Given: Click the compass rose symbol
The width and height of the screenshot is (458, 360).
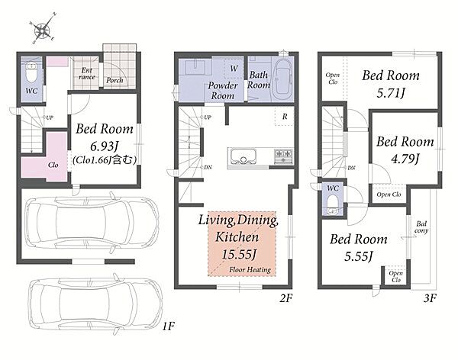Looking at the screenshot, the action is click(43, 29).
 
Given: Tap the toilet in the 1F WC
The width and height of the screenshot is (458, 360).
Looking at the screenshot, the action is click(31, 73).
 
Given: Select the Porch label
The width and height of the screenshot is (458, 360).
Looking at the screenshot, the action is click(114, 80).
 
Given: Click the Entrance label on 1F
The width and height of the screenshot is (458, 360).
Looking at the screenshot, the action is click(87, 73).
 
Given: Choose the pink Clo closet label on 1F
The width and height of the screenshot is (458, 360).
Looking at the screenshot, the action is click(53, 165).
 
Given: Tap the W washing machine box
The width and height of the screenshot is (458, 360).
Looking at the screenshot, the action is click(234, 69).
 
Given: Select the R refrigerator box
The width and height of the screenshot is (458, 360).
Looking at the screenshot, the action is click(284, 117).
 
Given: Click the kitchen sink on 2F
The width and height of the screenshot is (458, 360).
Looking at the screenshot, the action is click(244, 156).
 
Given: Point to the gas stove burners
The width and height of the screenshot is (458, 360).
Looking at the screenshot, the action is click(283, 156).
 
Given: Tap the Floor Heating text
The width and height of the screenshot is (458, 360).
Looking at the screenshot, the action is click(250, 269).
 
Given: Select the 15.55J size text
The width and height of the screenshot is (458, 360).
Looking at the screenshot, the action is click(239, 254).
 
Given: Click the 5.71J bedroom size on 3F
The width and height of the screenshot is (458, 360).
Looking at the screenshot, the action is click(391, 93).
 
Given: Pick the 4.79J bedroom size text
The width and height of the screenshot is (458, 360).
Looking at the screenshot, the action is click(405, 159).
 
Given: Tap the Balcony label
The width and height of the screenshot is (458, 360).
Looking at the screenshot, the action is click(421, 227).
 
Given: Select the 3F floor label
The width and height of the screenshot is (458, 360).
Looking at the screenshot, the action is click(430, 298).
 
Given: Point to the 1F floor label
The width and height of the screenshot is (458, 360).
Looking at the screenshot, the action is click(168, 326).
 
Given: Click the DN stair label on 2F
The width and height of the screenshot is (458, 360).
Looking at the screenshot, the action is click(208, 167).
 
